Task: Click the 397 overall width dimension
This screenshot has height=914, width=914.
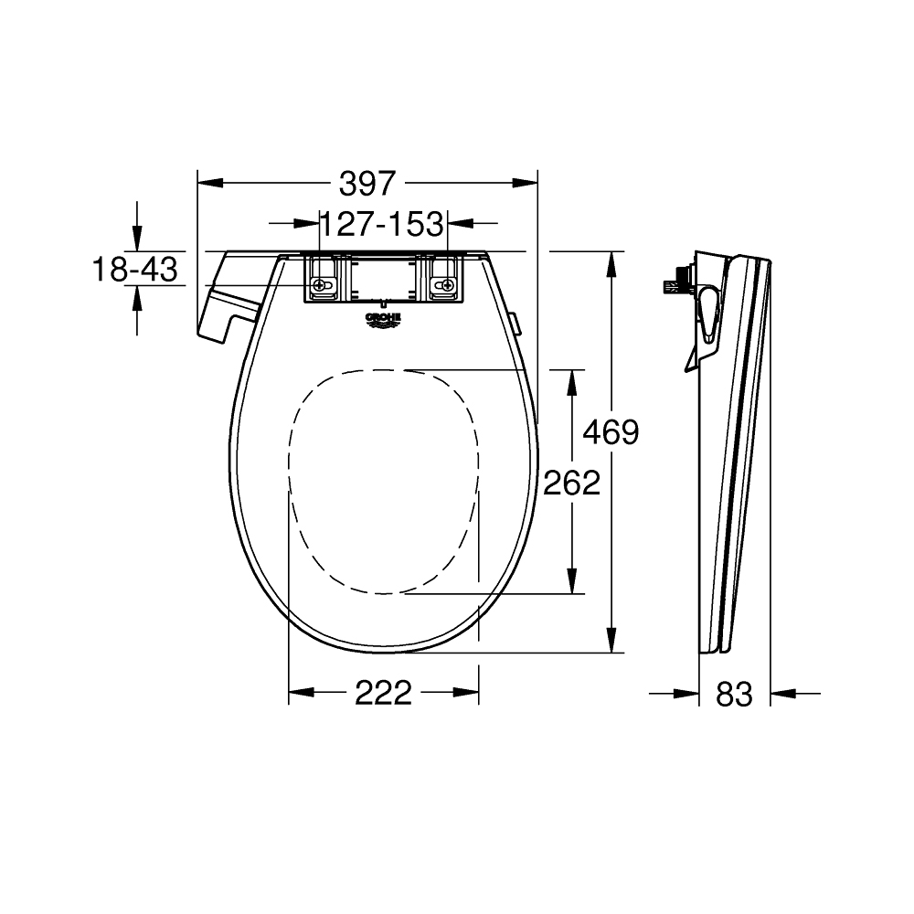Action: point(367,183)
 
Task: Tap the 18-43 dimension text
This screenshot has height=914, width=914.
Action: point(134,269)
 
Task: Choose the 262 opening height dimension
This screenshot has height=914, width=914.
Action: point(571,482)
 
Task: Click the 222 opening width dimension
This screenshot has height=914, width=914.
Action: point(383,694)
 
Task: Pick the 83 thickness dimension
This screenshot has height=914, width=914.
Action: point(734,695)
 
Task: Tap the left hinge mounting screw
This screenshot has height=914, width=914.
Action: point(321,286)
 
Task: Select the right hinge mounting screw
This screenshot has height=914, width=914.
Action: point(445,286)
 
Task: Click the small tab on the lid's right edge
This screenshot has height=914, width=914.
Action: point(515,323)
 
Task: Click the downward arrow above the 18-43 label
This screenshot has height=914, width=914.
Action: point(136,240)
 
